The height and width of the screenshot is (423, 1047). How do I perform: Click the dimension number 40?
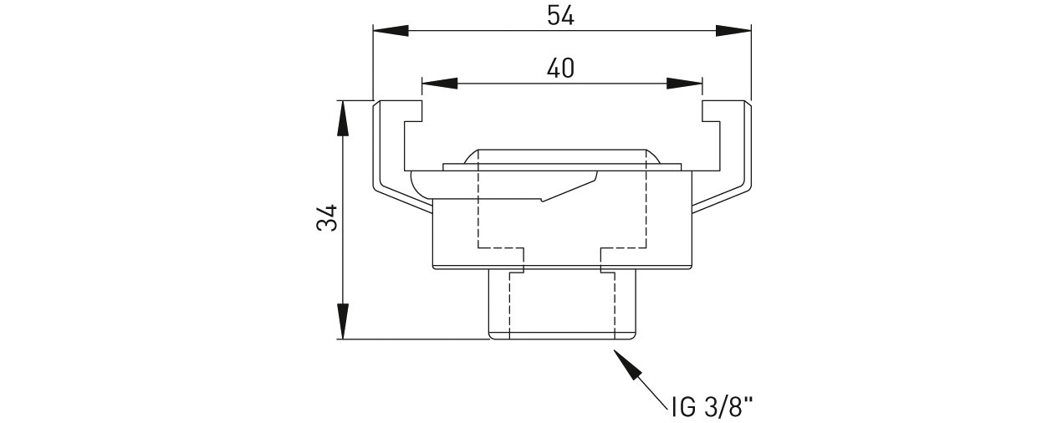(x=561, y=69)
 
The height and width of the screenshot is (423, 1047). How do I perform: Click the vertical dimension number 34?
(x=327, y=217)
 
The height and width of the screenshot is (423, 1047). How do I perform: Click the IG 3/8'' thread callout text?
(x=712, y=407)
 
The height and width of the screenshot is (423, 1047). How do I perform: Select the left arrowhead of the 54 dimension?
(x=391, y=31)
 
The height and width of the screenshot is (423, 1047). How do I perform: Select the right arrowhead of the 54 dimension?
(x=733, y=31)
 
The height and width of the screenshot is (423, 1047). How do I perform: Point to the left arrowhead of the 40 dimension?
(x=439, y=84)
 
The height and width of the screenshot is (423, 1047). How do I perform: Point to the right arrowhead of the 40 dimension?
(x=684, y=84)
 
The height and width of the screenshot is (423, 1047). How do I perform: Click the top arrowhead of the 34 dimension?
(x=343, y=119)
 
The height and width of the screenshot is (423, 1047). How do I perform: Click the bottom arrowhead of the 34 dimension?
(x=343, y=321)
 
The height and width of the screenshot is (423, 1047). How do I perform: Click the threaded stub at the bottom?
(x=562, y=304)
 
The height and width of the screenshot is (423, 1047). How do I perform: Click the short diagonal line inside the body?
(x=569, y=191)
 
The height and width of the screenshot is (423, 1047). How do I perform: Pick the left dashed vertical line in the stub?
(x=509, y=306)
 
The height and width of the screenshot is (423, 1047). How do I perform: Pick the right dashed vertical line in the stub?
(x=614, y=306)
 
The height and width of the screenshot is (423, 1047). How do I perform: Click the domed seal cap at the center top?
(x=562, y=156)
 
